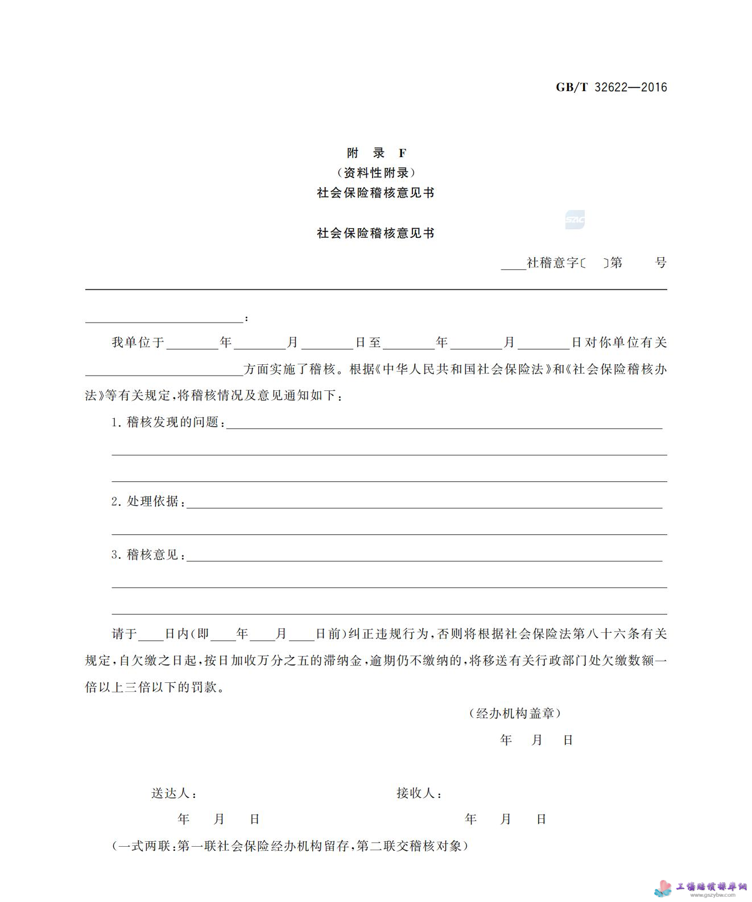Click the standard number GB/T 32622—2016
611,87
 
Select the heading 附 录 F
377,153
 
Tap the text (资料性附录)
376,172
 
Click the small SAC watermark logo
575,220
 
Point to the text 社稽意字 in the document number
552,262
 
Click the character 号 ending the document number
660,262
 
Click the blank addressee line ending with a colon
164,318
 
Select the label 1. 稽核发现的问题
167,422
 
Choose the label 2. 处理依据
148,501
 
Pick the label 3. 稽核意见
148,554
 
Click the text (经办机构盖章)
515,713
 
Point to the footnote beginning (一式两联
290,846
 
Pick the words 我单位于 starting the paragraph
138,342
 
